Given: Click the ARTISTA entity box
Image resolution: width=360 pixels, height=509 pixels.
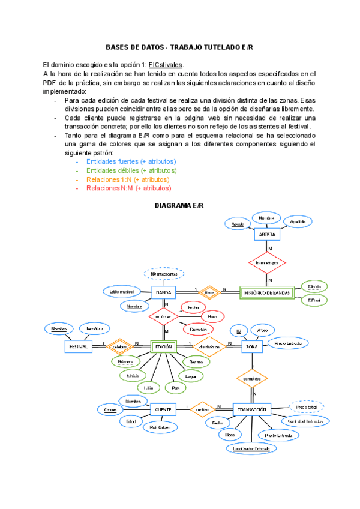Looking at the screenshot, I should (267, 234).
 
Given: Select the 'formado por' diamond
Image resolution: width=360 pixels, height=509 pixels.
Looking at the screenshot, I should (267, 263).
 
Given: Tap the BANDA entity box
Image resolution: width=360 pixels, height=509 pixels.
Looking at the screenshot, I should (163, 292).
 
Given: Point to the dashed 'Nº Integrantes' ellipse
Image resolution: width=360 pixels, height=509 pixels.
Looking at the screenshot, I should (163, 274).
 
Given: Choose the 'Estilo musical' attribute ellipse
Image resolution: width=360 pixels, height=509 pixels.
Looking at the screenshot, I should (121, 291).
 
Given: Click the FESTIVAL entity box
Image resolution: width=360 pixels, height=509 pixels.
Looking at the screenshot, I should (78, 346).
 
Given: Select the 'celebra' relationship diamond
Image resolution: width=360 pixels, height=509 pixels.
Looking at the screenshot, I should (119, 346).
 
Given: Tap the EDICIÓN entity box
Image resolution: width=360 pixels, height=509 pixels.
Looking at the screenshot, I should (163, 346).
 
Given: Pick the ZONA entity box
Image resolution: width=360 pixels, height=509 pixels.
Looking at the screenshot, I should (252, 346).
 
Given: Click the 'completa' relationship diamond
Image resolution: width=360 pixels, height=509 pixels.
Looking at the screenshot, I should (252, 379).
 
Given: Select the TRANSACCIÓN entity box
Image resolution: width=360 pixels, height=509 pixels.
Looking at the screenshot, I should (252, 409).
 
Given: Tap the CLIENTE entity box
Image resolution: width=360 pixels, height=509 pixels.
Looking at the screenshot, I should (163, 409).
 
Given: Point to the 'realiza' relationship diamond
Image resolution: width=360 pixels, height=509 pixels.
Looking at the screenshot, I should (203, 409).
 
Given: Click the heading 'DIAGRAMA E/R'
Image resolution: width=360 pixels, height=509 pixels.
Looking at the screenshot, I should (179, 206).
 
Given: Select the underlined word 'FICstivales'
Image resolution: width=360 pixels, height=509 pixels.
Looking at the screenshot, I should (166, 65).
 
